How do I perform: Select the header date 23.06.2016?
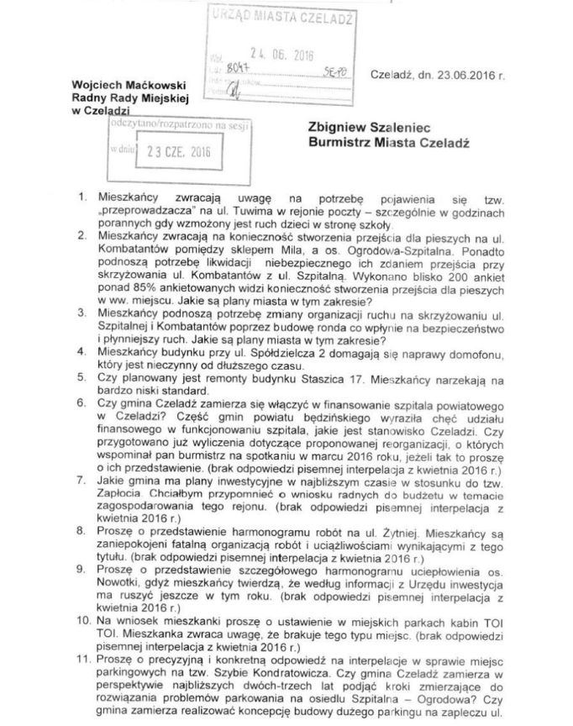[x=463, y=76]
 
